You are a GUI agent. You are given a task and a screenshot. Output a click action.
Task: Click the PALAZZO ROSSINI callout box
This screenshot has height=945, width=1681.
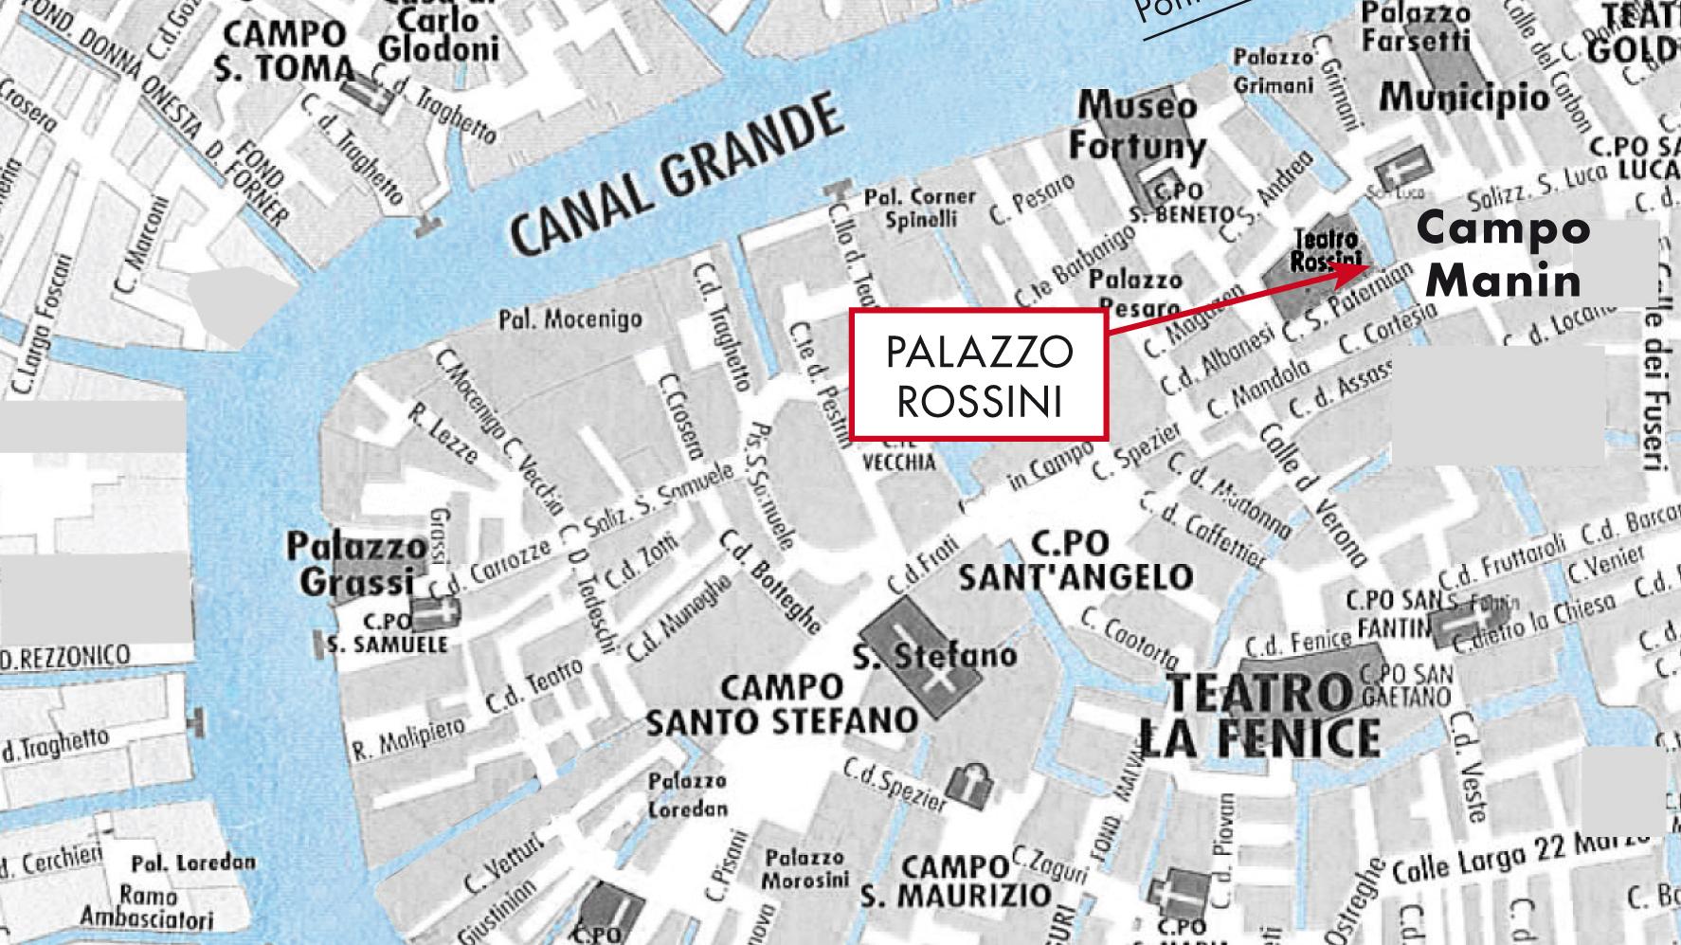(x=979, y=374)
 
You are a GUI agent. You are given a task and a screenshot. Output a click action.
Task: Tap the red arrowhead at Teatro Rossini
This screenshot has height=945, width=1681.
(x=1357, y=270)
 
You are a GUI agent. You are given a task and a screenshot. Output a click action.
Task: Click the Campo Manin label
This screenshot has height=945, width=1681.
(x=1504, y=255)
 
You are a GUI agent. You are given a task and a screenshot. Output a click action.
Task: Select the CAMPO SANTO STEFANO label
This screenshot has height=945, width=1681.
(x=782, y=704)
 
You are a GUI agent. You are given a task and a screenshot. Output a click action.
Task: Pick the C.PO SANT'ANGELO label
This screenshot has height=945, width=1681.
(x=1075, y=560)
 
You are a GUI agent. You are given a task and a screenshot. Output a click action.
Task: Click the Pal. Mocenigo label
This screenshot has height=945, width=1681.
(x=569, y=319)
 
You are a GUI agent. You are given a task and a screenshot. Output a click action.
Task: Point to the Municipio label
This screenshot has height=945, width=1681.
(x=1464, y=96)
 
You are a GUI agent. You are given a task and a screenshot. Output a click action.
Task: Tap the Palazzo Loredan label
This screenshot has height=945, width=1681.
(x=687, y=794)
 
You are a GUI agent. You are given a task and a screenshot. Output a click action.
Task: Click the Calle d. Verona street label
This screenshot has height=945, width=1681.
(x=1313, y=493)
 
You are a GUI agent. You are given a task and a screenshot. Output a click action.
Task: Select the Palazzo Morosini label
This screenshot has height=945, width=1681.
(x=804, y=868)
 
